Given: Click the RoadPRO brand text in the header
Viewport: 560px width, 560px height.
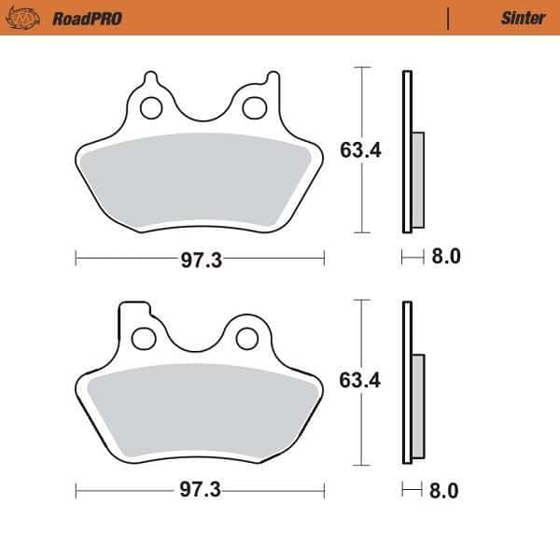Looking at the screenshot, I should pyautogui.click(x=87, y=18).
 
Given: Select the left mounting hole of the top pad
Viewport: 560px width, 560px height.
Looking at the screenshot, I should pyautogui.click(x=149, y=107).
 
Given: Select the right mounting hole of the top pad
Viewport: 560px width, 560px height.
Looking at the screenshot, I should pyautogui.click(x=252, y=107).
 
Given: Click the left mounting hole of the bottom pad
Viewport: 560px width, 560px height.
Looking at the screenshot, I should pyautogui.click(x=144, y=336).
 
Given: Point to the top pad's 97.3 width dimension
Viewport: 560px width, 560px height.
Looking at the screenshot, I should pyautogui.click(x=201, y=260).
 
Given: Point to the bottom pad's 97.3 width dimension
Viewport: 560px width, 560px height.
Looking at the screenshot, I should pyautogui.click(x=201, y=490).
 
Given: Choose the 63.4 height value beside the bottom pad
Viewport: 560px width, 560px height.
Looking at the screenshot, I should pyautogui.click(x=360, y=381).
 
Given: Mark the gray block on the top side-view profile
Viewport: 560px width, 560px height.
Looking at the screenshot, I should pyautogui.click(x=417, y=179).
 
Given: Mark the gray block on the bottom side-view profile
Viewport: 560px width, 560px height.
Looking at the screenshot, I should pyautogui.click(x=417, y=407).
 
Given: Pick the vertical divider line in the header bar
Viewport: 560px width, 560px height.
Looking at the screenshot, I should pyautogui.click(x=449, y=18).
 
